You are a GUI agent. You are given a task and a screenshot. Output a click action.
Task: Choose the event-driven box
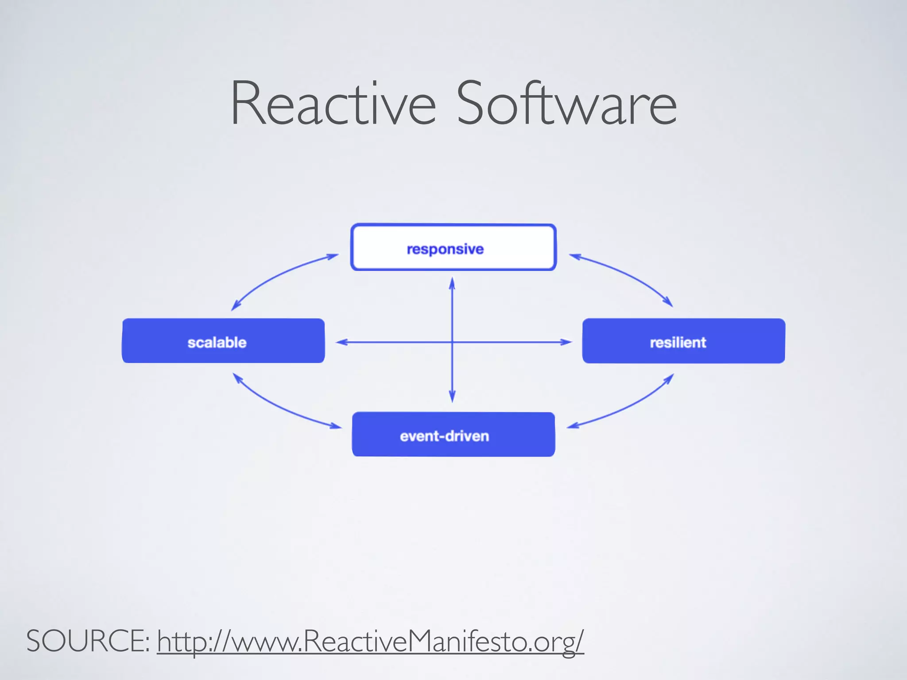coord(453,434)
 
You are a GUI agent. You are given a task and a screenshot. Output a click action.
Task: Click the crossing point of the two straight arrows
coord(452,342)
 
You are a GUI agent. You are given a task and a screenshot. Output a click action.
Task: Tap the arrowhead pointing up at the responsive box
coord(452,283)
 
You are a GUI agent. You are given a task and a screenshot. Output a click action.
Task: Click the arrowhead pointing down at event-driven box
coord(452,397)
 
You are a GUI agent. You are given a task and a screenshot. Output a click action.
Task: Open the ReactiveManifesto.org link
coord(370,641)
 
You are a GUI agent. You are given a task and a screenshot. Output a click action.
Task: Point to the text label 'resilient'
coord(678,343)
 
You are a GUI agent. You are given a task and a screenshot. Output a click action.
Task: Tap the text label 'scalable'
coord(217,343)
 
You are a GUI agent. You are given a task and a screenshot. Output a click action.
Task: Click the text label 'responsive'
coord(445,249)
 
